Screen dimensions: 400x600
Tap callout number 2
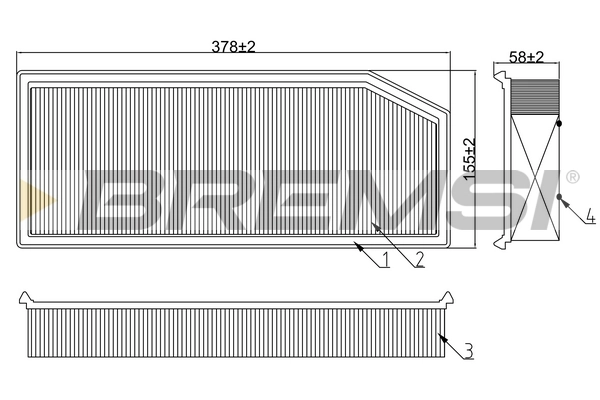click(419, 259)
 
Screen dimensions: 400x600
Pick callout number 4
click(590, 215)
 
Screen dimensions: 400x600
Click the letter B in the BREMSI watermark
click(126, 197)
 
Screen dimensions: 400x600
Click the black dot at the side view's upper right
click(558, 122)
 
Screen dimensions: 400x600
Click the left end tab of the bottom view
click(25, 297)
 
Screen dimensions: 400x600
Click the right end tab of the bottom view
click(447, 297)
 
